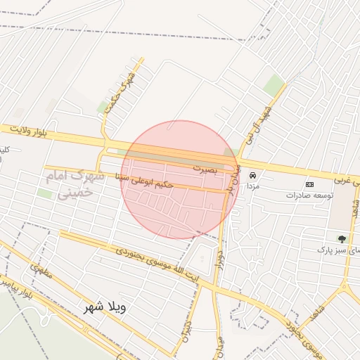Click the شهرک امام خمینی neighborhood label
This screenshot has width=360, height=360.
75,183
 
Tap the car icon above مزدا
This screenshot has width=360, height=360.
252,175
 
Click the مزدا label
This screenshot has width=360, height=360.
252,187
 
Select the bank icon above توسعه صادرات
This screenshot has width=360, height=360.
309,184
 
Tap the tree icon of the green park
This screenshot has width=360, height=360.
342,239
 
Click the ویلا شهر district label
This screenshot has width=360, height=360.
104,307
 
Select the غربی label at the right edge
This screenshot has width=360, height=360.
342,180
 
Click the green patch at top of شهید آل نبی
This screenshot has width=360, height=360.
274,86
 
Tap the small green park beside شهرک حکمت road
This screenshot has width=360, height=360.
103,106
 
